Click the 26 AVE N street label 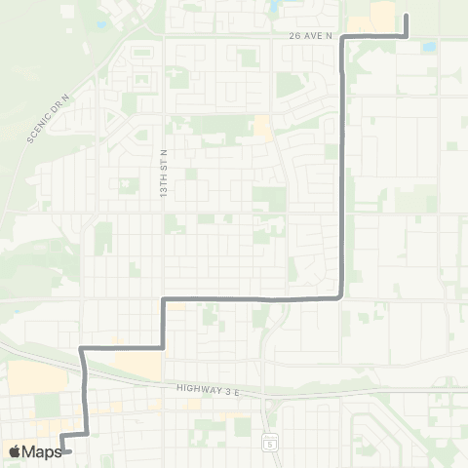click(311, 36)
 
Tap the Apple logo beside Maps click(15, 451)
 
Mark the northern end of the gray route click(406, 15)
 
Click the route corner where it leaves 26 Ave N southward click(343, 37)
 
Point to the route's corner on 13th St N click(163, 298)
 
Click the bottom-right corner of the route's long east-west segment click(340, 297)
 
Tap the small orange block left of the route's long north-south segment click(262, 127)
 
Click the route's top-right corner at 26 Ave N click(406, 36)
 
